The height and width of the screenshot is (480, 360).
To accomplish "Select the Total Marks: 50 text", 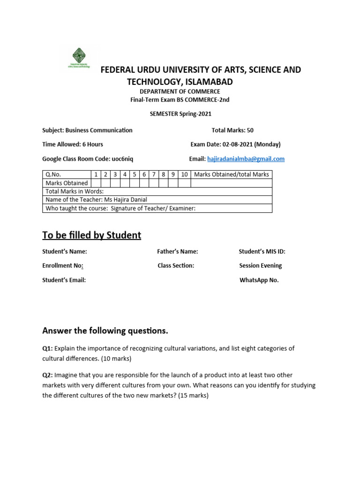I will click(232, 130).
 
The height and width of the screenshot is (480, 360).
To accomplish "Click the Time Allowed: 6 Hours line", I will click(73, 144).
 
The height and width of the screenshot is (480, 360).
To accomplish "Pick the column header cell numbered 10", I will click(185, 174).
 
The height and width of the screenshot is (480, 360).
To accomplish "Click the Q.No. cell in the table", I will click(54, 174).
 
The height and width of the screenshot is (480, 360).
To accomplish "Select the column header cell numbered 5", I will click(135, 174).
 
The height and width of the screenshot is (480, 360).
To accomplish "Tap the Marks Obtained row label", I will click(67, 183).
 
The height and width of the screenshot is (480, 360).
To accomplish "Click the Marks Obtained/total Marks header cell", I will click(232, 174).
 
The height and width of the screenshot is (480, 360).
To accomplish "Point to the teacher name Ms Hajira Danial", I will click(125, 200).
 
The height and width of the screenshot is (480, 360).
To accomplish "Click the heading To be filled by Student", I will click(91, 235).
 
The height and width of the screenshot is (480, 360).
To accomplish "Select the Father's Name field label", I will click(177, 252).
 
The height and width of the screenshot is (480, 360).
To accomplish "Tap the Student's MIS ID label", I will click(262, 252).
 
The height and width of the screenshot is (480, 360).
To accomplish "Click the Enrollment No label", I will click(63, 266).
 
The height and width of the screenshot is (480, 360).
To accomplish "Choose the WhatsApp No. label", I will click(259, 280).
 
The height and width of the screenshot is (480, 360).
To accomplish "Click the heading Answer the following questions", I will click(105, 331).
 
